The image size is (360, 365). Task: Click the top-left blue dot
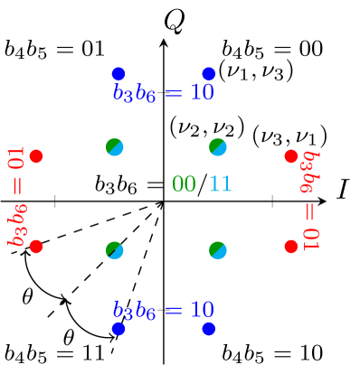(118, 73)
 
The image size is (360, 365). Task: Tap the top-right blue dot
(208, 73)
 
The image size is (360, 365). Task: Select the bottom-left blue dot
(118, 328)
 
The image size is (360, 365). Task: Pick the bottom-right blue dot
(208, 328)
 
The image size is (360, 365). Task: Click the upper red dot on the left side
(36, 156)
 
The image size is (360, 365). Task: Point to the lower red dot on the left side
(36, 246)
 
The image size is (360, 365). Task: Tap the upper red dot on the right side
(290, 156)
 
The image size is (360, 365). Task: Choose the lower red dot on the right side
(290, 246)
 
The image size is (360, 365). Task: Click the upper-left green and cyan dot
(115, 146)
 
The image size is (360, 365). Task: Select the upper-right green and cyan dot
(218, 146)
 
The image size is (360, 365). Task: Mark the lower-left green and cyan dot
(115, 249)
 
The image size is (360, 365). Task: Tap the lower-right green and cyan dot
(218, 249)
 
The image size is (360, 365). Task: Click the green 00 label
(184, 184)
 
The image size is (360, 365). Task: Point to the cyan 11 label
(220, 184)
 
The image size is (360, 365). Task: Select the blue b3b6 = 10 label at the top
(163, 92)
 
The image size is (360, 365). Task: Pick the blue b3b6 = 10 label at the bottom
(163, 310)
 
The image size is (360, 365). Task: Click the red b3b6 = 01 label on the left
(17, 197)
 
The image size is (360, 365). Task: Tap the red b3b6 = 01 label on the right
(310, 200)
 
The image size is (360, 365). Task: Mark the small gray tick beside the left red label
(55, 201)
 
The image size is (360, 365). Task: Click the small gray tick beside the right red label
(272, 201)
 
